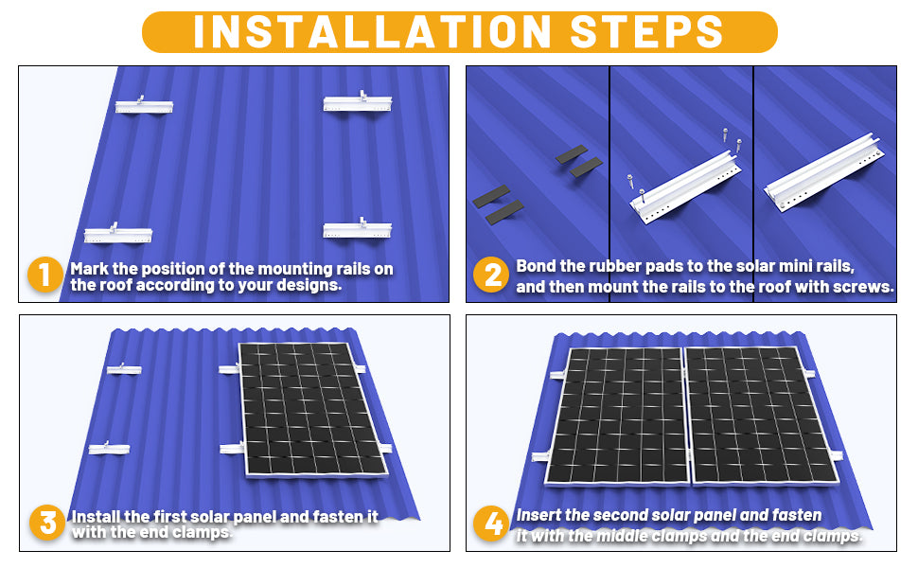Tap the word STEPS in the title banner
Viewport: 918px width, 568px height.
pyautogui.click(x=647, y=31)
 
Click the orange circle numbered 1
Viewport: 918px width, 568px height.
pyautogui.click(x=45, y=274)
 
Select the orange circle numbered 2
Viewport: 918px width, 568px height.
pyautogui.click(x=491, y=275)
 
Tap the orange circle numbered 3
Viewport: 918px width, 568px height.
pyautogui.click(x=47, y=523)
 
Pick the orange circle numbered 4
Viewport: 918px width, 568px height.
pyautogui.click(x=491, y=523)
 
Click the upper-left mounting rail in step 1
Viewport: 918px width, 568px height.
pyautogui.click(x=144, y=105)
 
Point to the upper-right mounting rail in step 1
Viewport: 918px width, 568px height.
pyautogui.click(x=358, y=102)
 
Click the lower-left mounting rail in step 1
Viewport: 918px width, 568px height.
pyautogui.click(x=118, y=234)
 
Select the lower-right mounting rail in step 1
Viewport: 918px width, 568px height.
pyautogui.click(x=357, y=228)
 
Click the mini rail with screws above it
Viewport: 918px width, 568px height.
pyautogui.click(x=685, y=186)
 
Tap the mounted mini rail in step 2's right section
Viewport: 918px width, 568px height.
pyautogui.click(x=824, y=172)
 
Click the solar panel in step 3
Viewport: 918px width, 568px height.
pyautogui.click(x=312, y=409)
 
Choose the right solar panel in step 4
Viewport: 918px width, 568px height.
pyautogui.click(x=761, y=416)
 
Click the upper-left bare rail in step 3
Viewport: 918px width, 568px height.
pyautogui.click(x=124, y=369)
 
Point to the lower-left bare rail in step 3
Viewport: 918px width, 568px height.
pyautogui.click(x=109, y=449)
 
